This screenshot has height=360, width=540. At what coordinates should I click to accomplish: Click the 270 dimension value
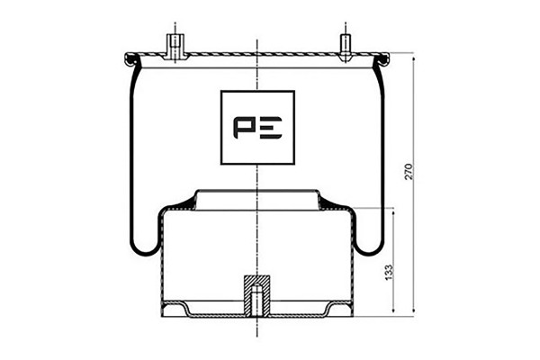coord(409,171)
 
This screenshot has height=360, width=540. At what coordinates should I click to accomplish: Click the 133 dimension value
coord(389,272)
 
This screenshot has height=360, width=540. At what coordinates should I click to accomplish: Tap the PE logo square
coord(257,128)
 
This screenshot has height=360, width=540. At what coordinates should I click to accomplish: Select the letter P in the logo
coord(244,128)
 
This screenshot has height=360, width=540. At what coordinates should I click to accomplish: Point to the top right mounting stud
coord(345,48)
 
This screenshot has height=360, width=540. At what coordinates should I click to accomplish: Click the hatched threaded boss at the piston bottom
coord(257,295)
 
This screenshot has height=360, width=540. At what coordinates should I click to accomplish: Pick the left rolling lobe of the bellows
coord(144,241)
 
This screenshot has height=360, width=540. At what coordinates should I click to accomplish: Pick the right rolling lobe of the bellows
coord(369,241)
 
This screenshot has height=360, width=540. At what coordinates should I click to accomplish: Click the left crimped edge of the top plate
coord(130,59)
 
